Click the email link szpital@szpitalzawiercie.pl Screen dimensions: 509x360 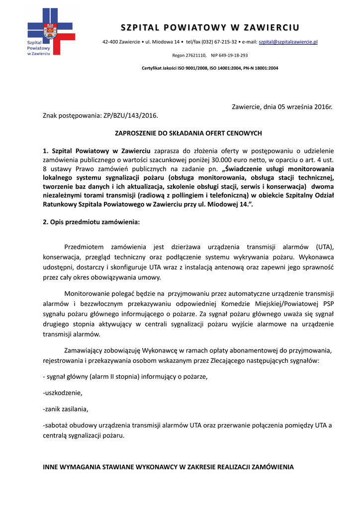point(288,42)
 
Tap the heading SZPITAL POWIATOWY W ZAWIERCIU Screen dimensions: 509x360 point(210,27)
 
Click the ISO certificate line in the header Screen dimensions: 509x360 point(210,68)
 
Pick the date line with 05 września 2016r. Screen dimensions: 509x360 point(282,107)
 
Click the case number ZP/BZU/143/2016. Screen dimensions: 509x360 point(130,115)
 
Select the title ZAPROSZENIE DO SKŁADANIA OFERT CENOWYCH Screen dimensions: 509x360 point(188,133)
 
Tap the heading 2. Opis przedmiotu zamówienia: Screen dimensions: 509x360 point(91,222)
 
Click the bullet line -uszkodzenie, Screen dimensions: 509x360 point(63,393)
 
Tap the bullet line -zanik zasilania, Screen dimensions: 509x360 point(66,410)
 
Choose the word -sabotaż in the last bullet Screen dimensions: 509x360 point(57,426)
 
